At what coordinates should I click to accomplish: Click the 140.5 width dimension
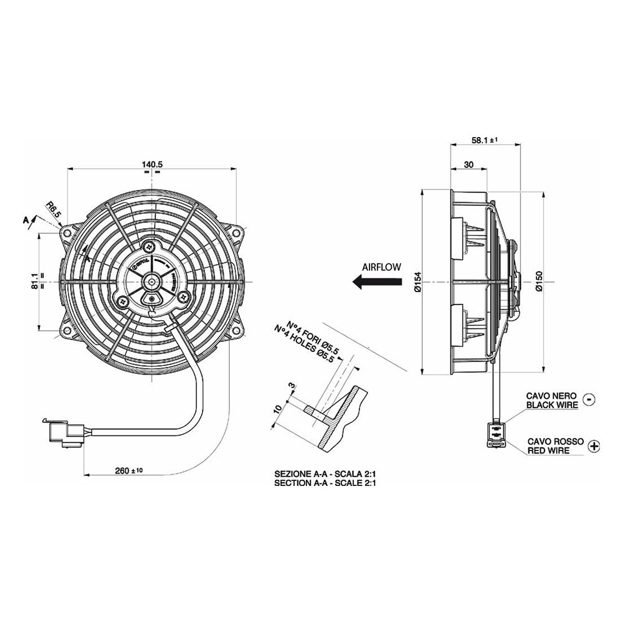(152, 164)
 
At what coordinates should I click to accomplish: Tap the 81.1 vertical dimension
(34, 281)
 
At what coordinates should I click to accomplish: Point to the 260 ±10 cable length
(130, 471)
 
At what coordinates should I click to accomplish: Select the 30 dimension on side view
(468, 165)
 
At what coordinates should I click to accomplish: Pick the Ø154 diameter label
(416, 281)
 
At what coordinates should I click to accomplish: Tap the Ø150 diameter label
(539, 281)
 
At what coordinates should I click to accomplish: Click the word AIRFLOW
(381, 266)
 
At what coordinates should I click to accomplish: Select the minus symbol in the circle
(591, 399)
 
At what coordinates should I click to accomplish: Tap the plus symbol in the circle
(594, 445)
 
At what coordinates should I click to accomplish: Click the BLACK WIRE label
(552, 405)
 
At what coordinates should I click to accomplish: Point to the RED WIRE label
(548, 450)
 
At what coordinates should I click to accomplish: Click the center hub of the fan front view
(152, 282)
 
